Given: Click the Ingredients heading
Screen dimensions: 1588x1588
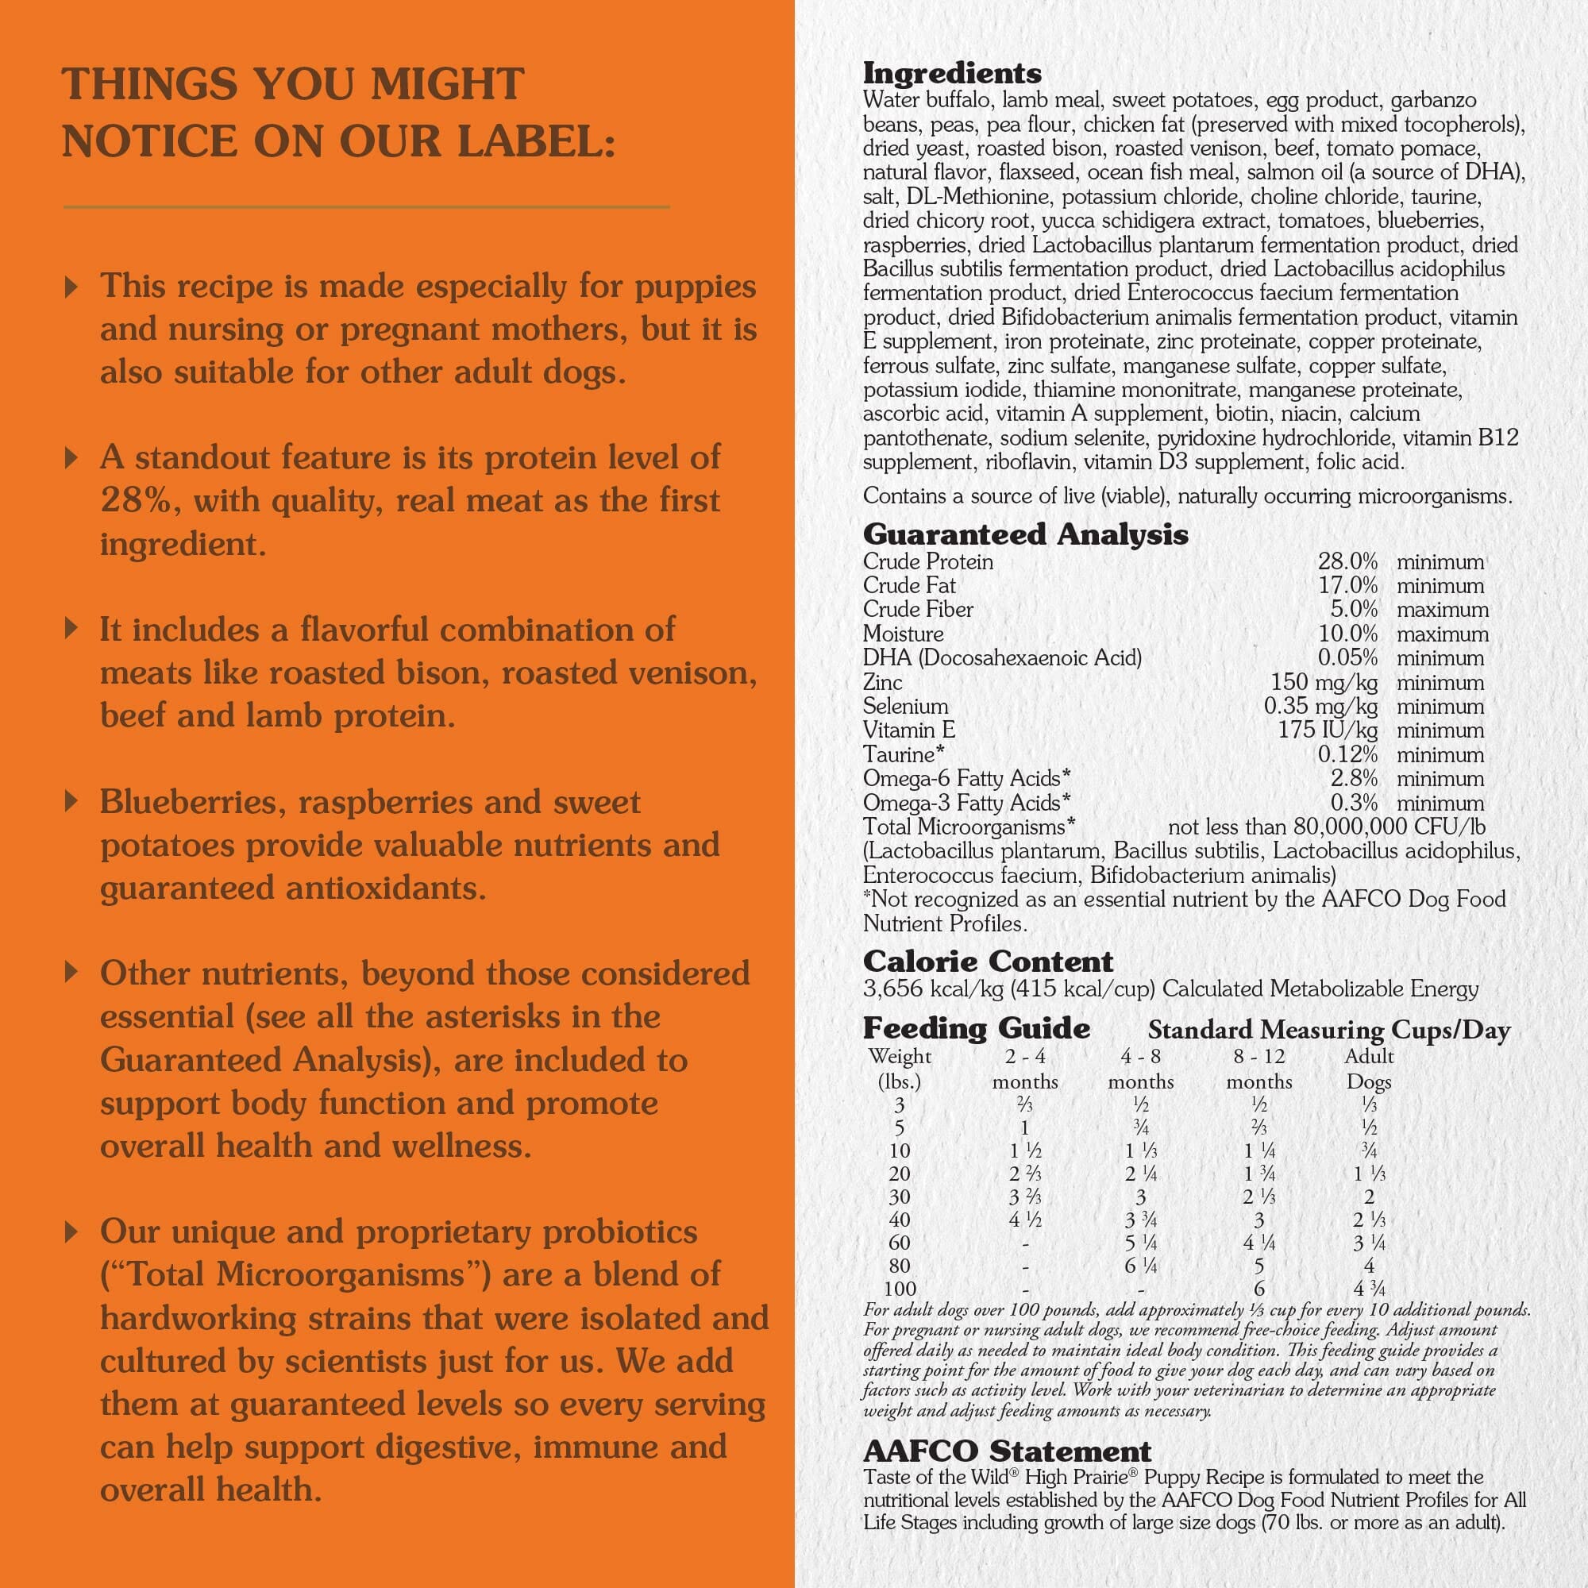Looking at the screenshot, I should click(952, 74).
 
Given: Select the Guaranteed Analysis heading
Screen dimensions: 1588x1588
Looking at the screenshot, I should click(1025, 535).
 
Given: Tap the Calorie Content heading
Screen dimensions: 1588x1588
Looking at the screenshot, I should click(988, 962).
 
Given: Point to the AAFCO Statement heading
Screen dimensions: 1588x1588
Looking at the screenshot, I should click(1007, 1451).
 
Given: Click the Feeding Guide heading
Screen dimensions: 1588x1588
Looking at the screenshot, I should click(977, 1029).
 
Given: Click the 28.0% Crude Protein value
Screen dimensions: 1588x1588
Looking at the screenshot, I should click(1347, 562).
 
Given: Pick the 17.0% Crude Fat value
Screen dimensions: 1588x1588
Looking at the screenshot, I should click(1347, 586).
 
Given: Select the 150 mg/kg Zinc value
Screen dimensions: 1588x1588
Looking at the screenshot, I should click(1324, 682).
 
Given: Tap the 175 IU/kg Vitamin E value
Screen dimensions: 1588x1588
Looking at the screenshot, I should click(1328, 730).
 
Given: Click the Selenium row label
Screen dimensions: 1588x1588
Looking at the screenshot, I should click(905, 707).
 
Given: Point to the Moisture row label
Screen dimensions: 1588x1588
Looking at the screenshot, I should click(903, 634).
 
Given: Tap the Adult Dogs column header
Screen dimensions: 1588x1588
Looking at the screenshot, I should click(1369, 1069).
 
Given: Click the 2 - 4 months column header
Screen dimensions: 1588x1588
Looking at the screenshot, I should click(1024, 1069).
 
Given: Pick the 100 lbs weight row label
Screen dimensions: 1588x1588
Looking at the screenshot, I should click(900, 1289).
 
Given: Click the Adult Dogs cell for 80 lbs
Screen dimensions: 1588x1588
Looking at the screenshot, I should click(1369, 1266).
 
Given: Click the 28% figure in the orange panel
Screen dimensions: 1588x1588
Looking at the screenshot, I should click(137, 500).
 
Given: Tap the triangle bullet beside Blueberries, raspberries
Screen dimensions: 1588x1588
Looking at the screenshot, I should click(71, 800).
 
